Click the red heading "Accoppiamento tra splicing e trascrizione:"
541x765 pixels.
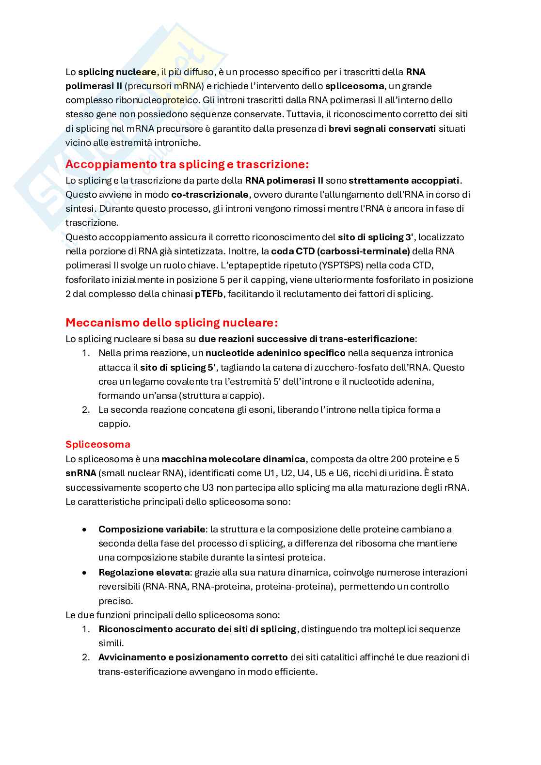[x=187, y=164]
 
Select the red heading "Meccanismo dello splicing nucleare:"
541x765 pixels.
[x=172, y=323]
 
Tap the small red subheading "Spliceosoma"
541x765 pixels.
[x=98, y=444]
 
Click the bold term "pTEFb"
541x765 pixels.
[x=208, y=294]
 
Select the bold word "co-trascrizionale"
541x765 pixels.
[x=209, y=195]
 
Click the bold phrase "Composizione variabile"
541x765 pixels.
[x=152, y=530]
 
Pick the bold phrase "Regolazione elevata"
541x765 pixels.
[x=144, y=573]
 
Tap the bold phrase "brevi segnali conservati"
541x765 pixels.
[x=382, y=129]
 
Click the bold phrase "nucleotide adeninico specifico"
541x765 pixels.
[x=275, y=353]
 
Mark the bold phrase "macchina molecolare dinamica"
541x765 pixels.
[x=233, y=459]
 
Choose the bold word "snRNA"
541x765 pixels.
[x=80, y=473]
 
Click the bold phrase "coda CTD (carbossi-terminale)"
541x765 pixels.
[x=340, y=251]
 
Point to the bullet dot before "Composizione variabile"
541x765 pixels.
[x=85, y=530]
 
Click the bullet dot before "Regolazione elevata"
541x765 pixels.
[x=85, y=573]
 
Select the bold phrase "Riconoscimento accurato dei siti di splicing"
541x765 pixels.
[x=197, y=629]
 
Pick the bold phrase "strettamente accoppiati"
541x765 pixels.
[x=404, y=181]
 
